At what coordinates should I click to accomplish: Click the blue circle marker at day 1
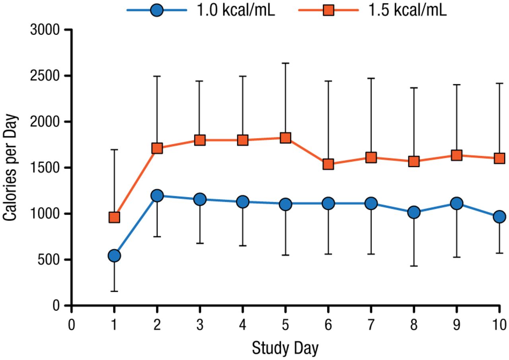[114, 255]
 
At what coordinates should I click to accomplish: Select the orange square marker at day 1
[114, 217]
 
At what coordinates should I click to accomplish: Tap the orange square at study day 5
[286, 138]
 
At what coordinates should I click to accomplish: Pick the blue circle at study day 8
[414, 212]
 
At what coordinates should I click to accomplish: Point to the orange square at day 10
[499, 158]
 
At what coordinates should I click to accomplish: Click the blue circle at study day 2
[157, 196]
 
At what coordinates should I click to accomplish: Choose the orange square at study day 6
[328, 164]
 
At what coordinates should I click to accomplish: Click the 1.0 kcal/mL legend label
[236, 11]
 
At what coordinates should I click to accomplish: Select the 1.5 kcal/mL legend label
[407, 11]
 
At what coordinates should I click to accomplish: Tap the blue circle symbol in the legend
[157, 11]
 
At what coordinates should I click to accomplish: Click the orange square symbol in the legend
[328, 11]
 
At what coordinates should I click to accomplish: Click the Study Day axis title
[285, 348]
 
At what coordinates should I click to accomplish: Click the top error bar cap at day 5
[286, 63]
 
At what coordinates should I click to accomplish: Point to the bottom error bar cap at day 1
[114, 291]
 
